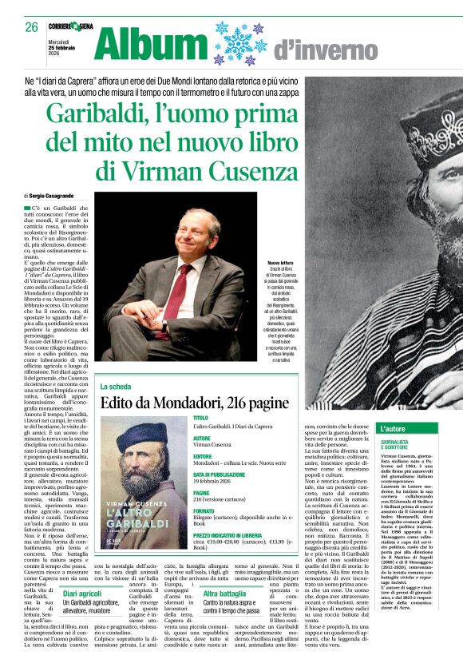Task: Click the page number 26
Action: coord(31,28)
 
